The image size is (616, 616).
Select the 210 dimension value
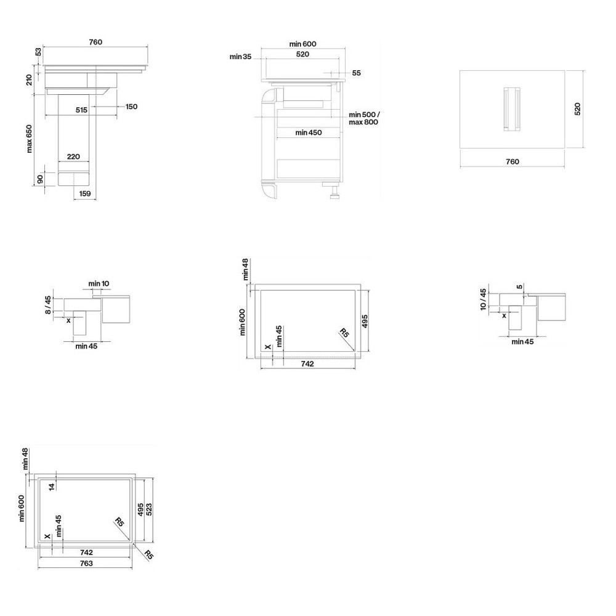point(38,79)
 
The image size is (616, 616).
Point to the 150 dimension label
point(131,107)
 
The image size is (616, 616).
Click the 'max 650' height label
point(30,139)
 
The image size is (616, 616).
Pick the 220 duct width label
point(73,157)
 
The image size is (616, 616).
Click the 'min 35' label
point(241,57)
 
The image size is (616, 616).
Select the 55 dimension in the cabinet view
point(356,73)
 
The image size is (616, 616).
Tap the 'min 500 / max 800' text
point(364,118)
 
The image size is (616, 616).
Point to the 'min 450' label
point(308,132)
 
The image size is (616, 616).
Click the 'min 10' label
point(99,283)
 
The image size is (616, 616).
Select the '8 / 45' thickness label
point(49,304)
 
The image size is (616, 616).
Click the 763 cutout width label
point(86,564)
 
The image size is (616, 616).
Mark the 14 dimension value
point(52,485)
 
